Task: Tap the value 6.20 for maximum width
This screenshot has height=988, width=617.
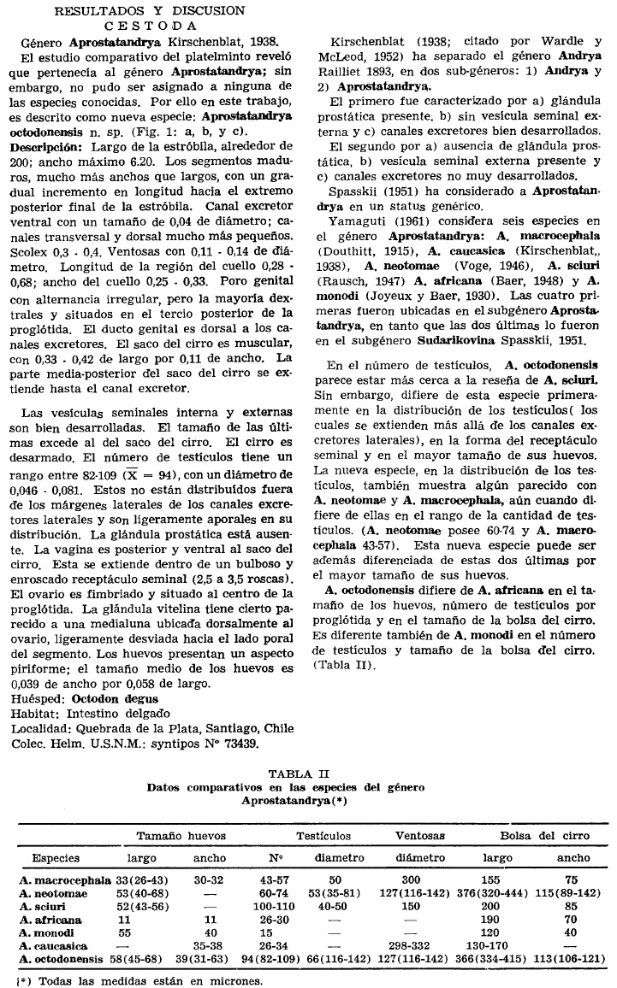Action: (187, 162)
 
